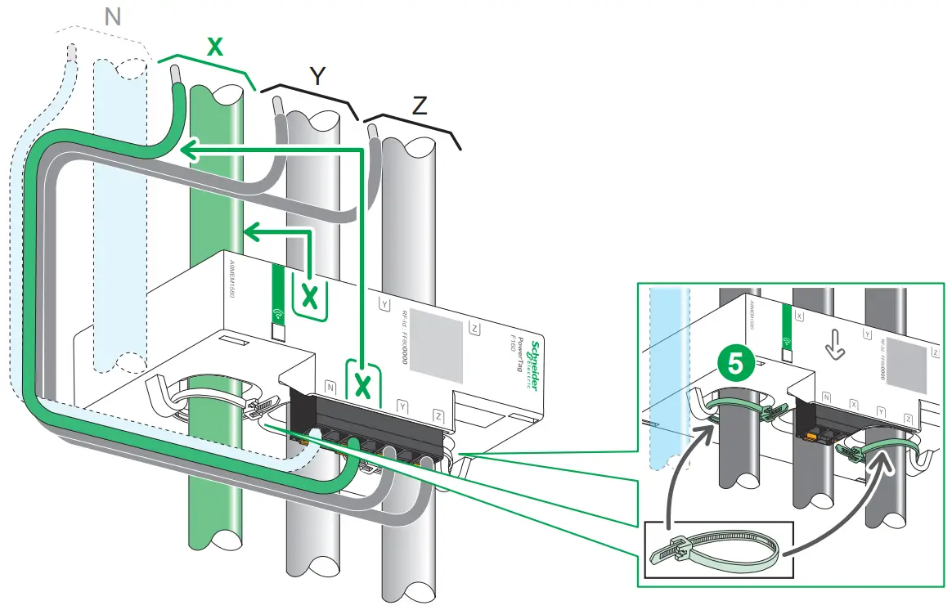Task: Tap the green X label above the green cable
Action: click(x=214, y=47)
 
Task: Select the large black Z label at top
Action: click(x=419, y=105)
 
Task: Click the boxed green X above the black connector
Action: click(x=362, y=384)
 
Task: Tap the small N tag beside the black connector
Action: click(x=330, y=385)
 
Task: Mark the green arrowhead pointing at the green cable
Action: click(x=187, y=149)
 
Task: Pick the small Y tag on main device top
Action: click(x=385, y=303)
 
